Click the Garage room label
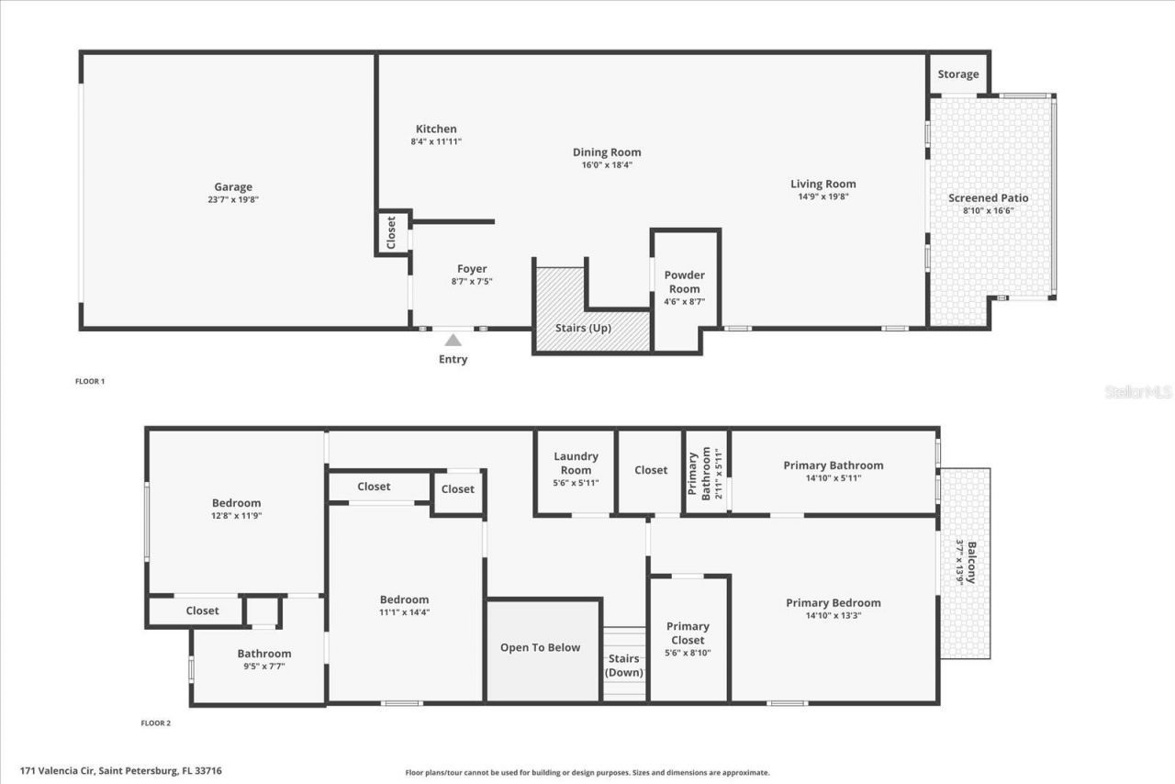[x=233, y=187]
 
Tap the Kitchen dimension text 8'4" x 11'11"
[x=436, y=141]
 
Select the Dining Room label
[x=607, y=152]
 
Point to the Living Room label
[x=822, y=184]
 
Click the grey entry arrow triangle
[x=453, y=341]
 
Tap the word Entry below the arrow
[x=453, y=359]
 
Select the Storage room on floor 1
[x=957, y=74]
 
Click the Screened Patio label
[x=988, y=198]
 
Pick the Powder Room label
[x=684, y=282]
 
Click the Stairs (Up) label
[x=583, y=328]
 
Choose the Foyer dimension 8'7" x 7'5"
[x=472, y=282]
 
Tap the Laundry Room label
[x=576, y=463]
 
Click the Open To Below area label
[x=540, y=647]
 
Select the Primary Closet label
[x=688, y=633]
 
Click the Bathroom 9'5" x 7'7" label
[x=263, y=654]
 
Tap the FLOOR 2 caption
[x=155, y=723]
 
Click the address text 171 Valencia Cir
[x=120, y=771]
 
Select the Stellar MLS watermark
[x=1138, y=392]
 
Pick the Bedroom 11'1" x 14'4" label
[x=404, y=599]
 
